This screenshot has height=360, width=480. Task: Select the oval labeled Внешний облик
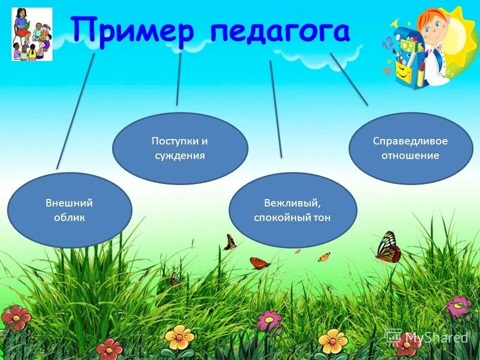coord(69,210)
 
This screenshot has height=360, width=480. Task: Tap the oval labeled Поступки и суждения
coord(179,148)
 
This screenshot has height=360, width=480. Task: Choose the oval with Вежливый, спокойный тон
coord(292,210)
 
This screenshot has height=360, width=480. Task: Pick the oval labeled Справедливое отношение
coord(410,148)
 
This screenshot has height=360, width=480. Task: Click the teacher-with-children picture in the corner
coord(32,34)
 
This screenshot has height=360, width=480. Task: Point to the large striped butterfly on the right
coord(388,247)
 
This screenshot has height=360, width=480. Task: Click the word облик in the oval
coord(69,217)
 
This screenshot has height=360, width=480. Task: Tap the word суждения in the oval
coord(179,155)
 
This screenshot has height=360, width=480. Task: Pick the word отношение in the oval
coord(410,155)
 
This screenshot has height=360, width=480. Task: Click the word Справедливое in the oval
coord(410,141)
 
